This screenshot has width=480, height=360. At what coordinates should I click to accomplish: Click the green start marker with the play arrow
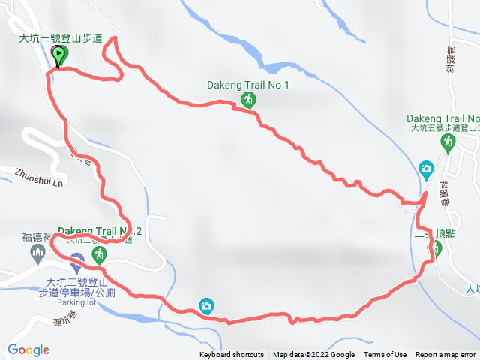point(59,55)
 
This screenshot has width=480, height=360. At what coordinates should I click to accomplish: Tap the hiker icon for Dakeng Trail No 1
point(248,99)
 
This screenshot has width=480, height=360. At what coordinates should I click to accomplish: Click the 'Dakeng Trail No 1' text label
point(247,85)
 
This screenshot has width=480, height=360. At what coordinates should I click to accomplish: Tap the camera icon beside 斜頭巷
point(426,168)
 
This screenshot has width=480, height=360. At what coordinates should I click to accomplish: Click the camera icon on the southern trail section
point(206,304)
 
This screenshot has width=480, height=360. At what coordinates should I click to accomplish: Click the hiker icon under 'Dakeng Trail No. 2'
point(98,255)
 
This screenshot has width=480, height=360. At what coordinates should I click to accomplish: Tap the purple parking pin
point(76,263)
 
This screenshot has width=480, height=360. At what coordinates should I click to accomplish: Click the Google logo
point(28,349)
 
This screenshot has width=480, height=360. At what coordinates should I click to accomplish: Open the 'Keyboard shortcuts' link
point(231,355)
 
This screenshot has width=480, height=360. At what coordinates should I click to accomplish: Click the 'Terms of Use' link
point(385,355)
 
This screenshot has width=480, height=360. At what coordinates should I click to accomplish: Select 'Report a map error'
point(446,355)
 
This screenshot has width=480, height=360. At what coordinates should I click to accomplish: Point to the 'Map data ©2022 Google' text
point(313,355)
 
